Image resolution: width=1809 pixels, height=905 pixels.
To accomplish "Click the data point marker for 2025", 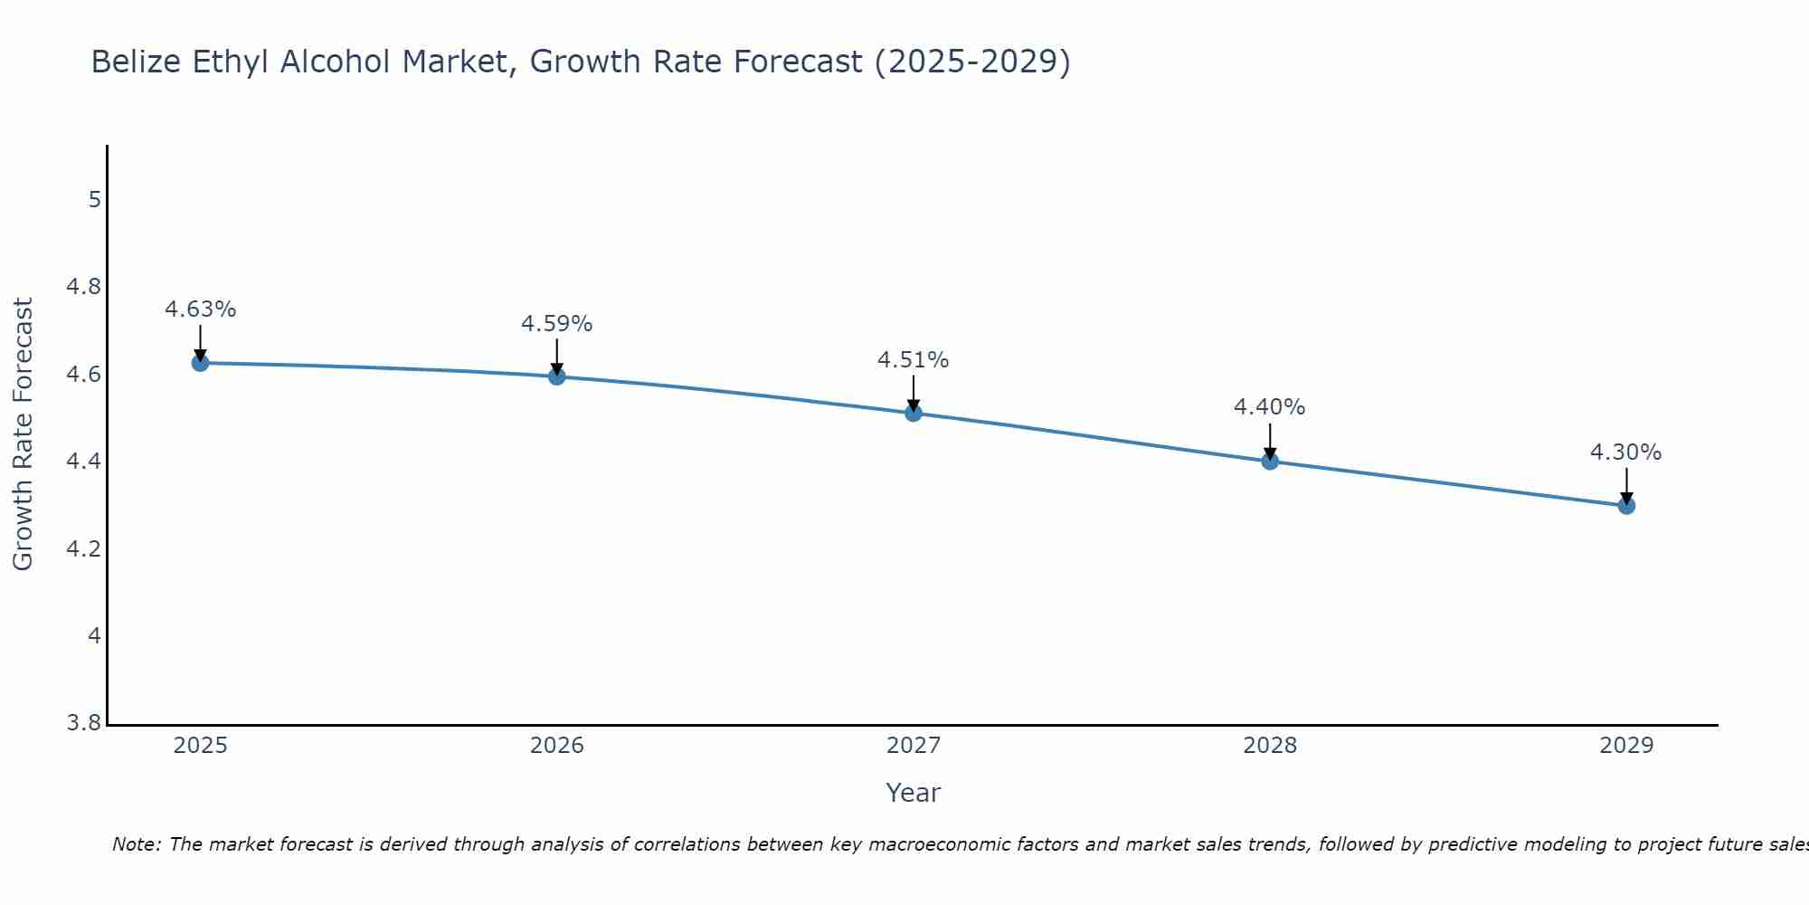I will [200, 363].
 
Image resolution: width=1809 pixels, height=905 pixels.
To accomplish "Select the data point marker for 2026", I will [557, 376].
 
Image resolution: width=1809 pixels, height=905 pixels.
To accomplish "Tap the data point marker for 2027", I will [914, 413].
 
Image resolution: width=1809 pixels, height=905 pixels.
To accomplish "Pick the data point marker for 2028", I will [1270, 461].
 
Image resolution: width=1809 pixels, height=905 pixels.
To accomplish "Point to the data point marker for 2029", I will [1626, 505].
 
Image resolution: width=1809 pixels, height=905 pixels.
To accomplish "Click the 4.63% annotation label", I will [200, 310].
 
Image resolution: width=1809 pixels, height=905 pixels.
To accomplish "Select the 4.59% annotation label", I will [557, 324].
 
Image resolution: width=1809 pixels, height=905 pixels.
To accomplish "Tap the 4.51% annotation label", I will [914, 360].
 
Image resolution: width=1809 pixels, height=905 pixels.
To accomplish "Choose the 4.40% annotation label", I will [1270, 407].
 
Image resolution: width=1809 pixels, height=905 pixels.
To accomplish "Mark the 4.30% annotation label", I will [1626, 452].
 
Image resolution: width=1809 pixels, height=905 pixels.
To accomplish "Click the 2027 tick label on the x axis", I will [914, 746].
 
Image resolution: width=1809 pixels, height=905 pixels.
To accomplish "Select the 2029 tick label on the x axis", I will [1626, 746].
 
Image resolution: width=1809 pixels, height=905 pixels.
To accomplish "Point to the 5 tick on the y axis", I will [94, 200].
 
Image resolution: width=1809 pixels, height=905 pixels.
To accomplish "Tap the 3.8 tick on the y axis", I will [84, 724].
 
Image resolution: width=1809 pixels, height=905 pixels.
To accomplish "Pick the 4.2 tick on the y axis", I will [84, 549].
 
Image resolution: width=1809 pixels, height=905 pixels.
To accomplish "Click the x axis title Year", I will [914, 793].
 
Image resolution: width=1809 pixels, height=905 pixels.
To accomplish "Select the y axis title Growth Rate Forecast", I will [24, 434].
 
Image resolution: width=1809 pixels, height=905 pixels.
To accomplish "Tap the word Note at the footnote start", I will [136, 844].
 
